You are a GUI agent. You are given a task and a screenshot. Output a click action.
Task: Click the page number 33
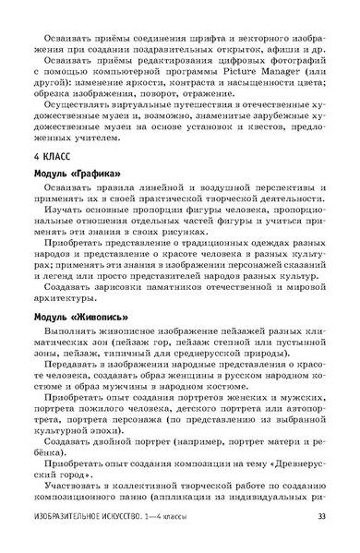(320, 542)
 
